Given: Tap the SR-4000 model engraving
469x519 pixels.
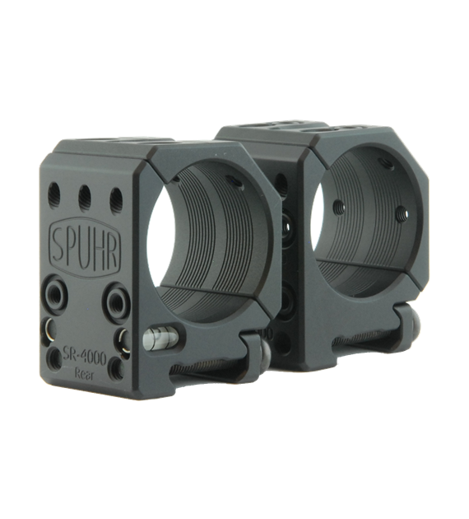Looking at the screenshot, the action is pyautogui.click(x=85, y=358).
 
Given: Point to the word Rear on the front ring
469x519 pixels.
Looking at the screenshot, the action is pyautogui.click(x=84, y=375).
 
